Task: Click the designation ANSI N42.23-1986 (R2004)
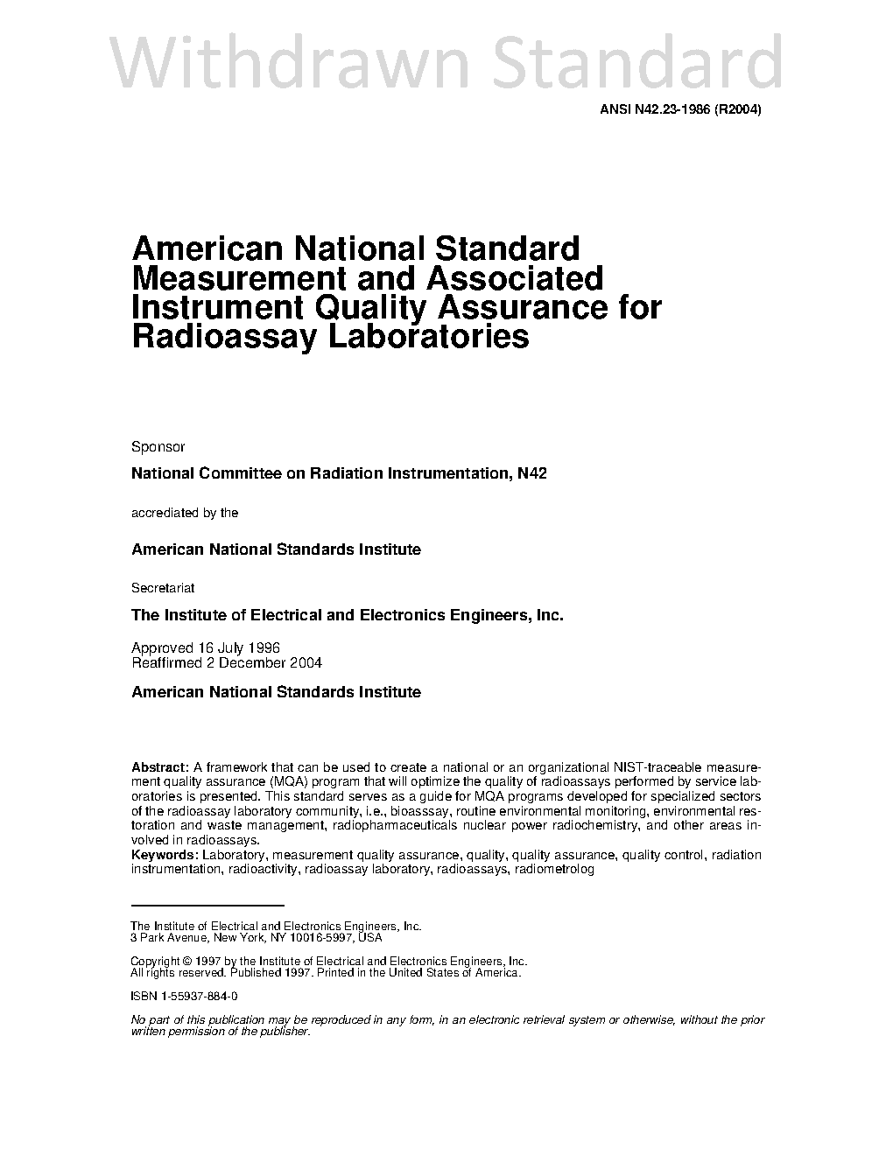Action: point(680,110)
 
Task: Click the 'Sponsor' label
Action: point(158,447)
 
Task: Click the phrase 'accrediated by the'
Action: point(184,513)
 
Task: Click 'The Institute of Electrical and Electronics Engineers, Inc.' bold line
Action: point(347,615)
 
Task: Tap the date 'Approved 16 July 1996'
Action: point(205,648)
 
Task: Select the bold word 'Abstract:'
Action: point(159,767)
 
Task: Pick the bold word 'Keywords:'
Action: point(164,855)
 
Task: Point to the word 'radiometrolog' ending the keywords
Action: point(554,870)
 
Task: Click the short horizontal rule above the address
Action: point(207,905)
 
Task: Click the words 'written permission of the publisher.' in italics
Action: point(220,1032)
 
